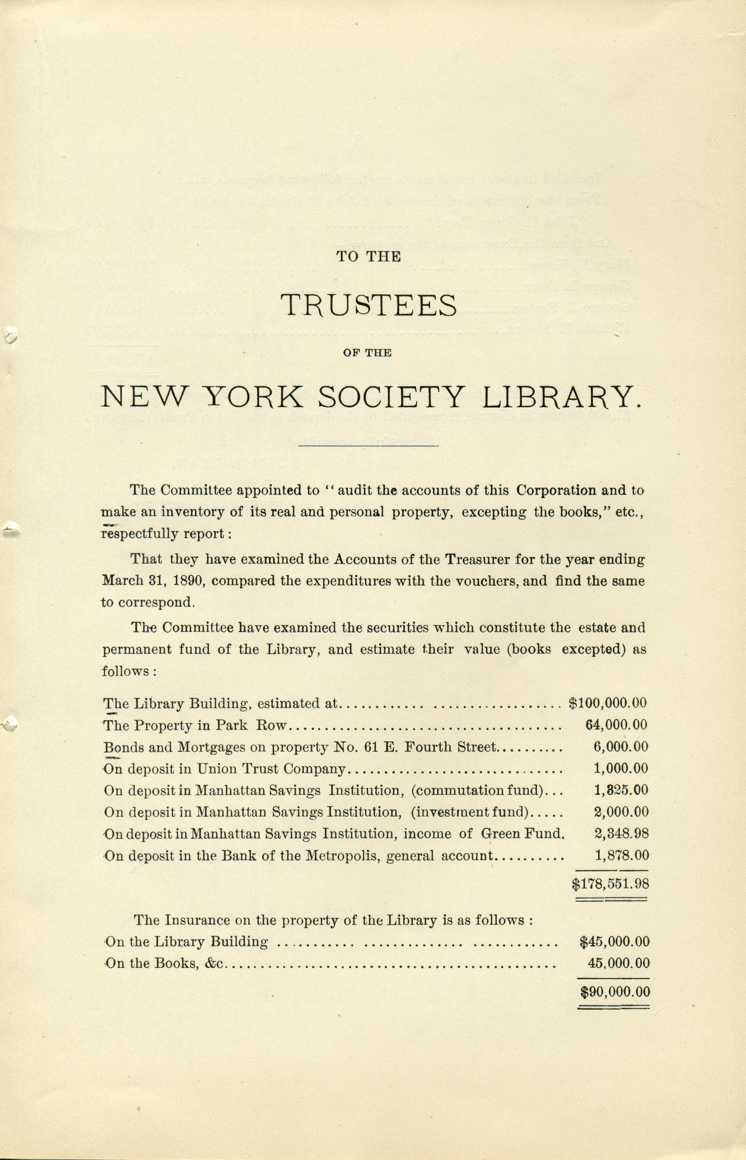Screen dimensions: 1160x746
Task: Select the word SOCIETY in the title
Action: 391,397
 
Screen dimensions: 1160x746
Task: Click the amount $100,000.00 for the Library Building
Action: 607,703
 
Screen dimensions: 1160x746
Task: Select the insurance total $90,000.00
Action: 615,992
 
